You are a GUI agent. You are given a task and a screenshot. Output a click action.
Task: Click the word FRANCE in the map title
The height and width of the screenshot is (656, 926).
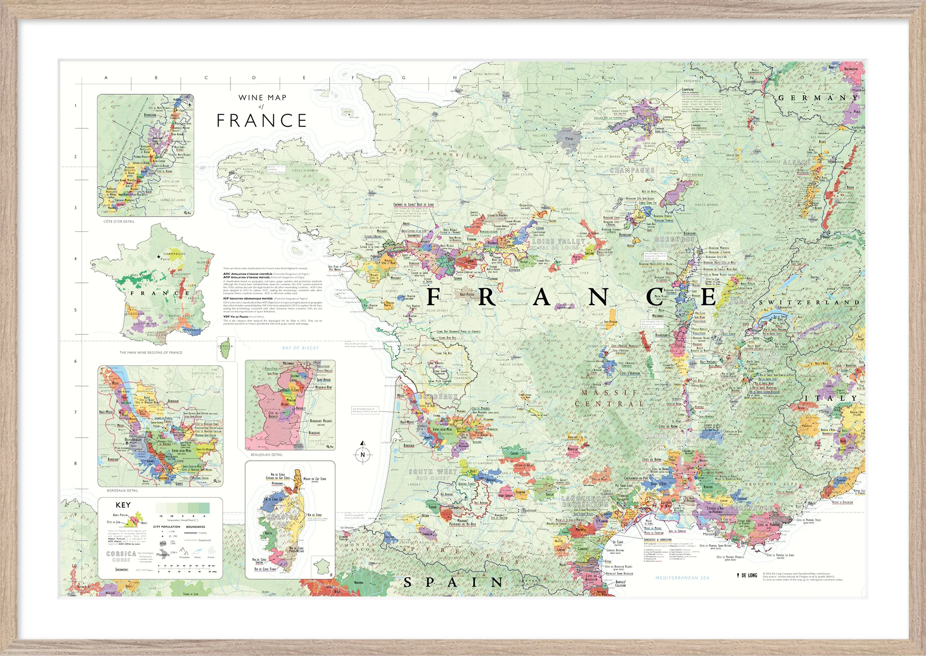pos(262,121)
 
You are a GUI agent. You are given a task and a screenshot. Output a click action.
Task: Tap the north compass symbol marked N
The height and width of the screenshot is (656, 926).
pos(363,455)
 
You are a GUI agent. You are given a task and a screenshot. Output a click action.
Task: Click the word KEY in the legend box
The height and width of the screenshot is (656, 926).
pos(123,505)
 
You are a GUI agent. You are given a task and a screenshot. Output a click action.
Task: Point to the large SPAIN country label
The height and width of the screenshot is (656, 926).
pos(453,582)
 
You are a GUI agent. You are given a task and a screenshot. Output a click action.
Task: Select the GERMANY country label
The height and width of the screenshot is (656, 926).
pos(818,98)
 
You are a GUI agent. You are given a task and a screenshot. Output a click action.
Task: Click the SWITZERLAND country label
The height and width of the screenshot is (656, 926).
pos(809,302)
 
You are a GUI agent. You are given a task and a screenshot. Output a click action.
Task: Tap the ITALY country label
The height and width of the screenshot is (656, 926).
pos(831,398)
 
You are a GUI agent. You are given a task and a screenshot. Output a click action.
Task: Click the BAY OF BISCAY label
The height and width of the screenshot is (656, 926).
pos(300,348)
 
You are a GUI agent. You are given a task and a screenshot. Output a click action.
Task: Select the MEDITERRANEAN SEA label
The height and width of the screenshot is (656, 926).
pos(682,578)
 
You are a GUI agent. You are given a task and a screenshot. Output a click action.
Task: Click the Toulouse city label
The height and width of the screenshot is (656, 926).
pos(530,511)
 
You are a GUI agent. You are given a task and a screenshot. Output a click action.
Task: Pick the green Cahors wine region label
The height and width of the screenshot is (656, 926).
pos(514,453)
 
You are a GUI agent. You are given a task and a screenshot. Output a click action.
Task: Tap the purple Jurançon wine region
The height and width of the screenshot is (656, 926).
pos(427,533)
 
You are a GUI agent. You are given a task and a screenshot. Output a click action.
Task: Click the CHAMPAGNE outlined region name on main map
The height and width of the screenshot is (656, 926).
pos(632,170)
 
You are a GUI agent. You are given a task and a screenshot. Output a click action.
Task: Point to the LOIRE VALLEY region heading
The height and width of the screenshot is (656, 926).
pos(558,241)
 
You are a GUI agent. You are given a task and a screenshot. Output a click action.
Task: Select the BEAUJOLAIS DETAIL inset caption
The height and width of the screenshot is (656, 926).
pos(267,455)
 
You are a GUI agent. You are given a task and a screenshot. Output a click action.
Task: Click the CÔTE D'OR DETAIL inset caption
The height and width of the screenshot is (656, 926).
pos(119,221)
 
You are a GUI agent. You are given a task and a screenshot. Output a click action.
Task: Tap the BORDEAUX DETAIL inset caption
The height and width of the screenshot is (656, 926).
pos(123,490)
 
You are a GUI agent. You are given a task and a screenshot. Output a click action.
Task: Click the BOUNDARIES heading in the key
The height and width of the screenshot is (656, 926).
pos(195,527)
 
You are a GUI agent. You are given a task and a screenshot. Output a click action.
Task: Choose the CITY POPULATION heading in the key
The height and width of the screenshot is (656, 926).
pos(167,527)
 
